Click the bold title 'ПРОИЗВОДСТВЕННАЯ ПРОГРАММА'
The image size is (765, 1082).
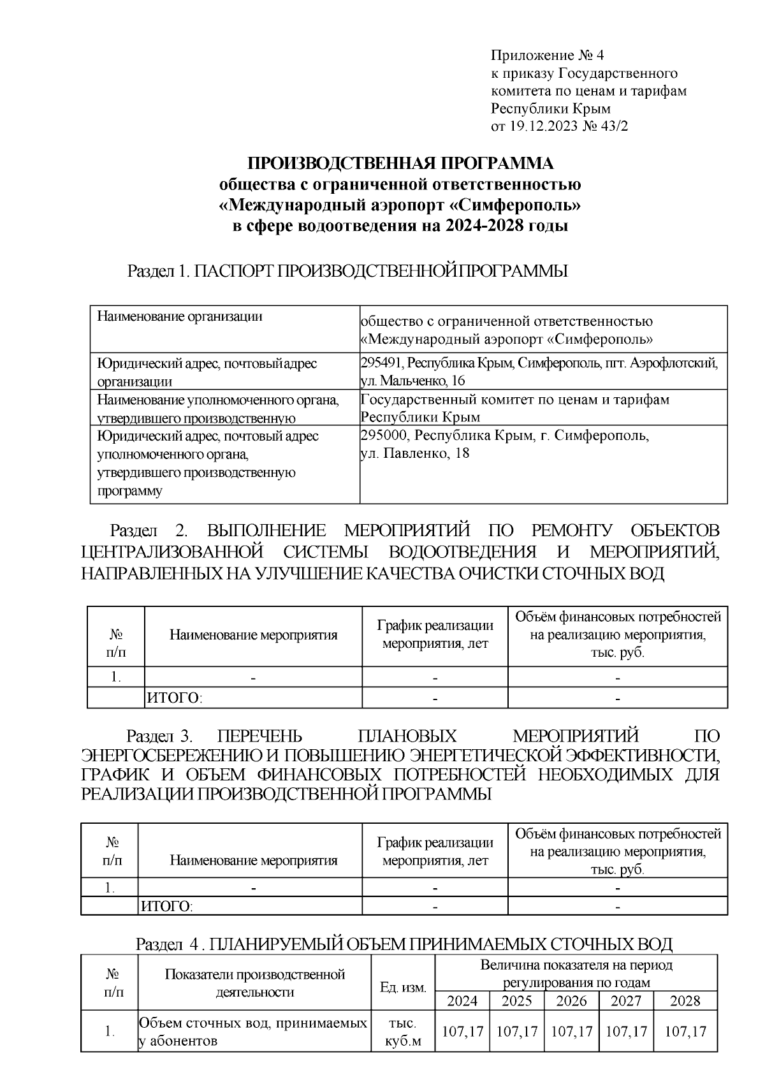pos(400,164)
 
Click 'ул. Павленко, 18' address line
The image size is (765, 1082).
pos(415,454)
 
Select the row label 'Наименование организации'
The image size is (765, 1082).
pos(179,316)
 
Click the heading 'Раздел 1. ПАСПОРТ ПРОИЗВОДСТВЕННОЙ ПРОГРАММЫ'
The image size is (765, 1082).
pos(347,271)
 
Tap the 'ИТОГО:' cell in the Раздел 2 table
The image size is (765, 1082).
pos(175,698)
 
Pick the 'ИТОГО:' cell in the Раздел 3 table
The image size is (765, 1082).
pos(167,906)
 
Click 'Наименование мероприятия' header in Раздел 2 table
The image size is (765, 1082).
pos(253,635)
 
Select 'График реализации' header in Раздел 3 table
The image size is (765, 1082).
pos(435,842)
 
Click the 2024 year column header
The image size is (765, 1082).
pos(462,1000)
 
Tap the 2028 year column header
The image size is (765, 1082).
pos(685,1000)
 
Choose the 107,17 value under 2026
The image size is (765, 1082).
pos(571,1031)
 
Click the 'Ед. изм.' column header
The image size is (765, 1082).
pos(403,988)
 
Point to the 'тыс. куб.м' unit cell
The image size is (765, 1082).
pos(403,1032)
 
